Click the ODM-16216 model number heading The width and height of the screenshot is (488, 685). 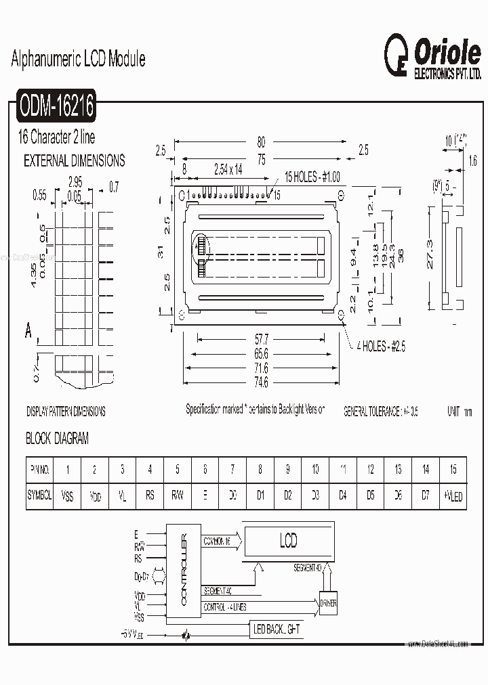click(57, 106)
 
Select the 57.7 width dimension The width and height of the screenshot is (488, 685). click(261, 338)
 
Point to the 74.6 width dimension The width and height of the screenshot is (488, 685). click(261, 382)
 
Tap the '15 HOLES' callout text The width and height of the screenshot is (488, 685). click(312, 177)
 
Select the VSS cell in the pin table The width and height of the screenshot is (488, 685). click(67, 496)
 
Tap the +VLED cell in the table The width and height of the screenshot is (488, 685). click(453, 496)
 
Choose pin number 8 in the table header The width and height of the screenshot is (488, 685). click(260, 469)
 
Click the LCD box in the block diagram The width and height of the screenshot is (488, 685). click(288, 542)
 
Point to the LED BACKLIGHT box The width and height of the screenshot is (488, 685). click(277, 629)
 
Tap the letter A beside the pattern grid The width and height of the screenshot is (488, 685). click(28, 331)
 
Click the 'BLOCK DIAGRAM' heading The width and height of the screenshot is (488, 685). click(57, 439)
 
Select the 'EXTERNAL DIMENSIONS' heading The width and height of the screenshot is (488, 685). click(75, 161)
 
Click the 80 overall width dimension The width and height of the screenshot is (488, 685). click(261, 142)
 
